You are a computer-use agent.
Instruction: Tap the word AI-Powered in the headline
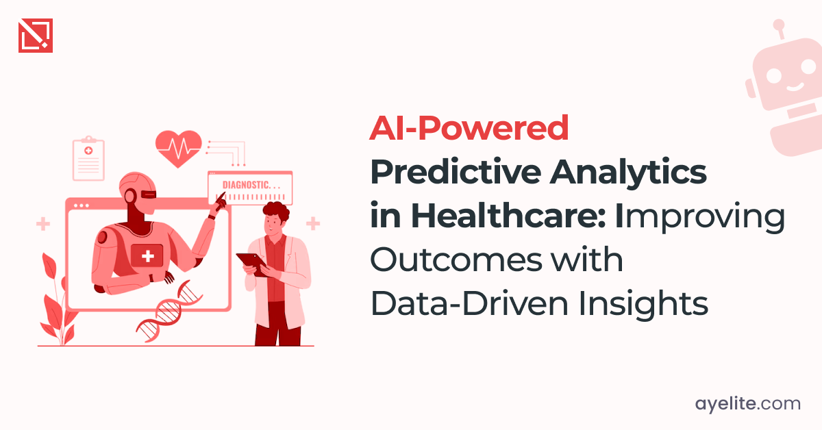pos(469,129)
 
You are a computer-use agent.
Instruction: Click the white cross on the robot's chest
pos(147,256)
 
